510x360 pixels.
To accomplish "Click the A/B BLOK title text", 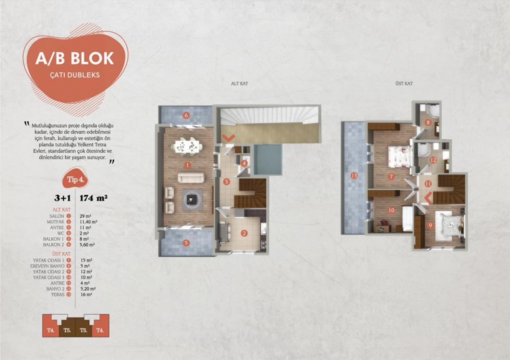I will (74, 58).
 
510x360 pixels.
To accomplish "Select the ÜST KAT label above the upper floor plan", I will (404, 83).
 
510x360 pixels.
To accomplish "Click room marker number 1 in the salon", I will (188, 165).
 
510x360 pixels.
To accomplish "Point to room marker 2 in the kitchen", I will (244, 234).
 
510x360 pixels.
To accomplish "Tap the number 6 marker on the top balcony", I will (186, 115).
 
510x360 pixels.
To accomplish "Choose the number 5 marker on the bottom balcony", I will (186, 243).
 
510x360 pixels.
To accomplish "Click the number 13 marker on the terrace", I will (354, 176).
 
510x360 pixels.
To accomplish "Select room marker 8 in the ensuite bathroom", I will (428, 122).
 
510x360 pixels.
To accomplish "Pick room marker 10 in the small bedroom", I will (391, 210).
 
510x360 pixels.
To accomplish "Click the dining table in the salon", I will (188, 146).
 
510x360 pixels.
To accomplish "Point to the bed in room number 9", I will (449, 224).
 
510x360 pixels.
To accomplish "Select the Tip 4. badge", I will (75, 179).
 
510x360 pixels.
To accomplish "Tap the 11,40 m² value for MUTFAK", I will (89, 222).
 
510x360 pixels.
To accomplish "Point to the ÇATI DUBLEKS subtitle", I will (74, 74).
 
